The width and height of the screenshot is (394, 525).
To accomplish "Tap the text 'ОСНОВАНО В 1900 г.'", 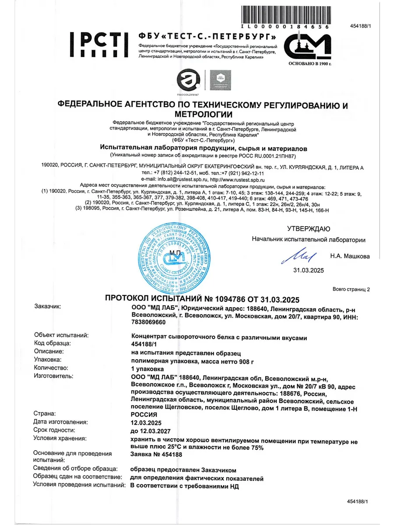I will (309, 63).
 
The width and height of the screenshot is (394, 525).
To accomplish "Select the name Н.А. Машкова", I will (350, 256).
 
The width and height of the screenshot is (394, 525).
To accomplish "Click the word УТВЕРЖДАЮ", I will (309, 229).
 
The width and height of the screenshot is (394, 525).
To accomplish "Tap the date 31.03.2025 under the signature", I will (309, 270).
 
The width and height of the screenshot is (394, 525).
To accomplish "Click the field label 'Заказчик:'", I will (48, 307).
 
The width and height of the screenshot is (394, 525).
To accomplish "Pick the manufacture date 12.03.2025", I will (146, 423).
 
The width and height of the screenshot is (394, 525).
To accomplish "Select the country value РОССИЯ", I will (144, 414).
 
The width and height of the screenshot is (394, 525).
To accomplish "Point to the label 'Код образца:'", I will (52, 343).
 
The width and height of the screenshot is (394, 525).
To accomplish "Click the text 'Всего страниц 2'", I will (351, 289).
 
